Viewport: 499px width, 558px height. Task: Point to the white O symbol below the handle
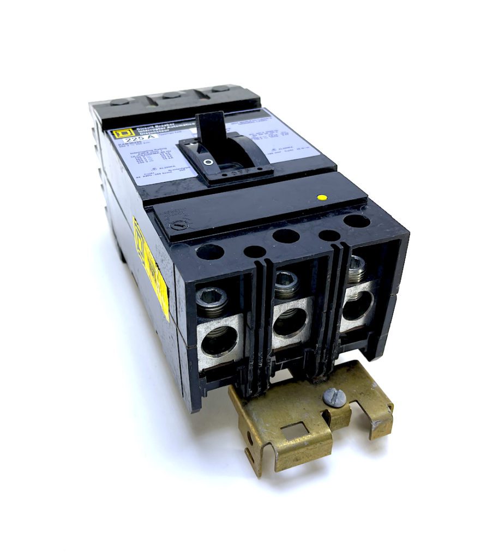[208, 162]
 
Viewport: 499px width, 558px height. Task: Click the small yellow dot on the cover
[322, 197]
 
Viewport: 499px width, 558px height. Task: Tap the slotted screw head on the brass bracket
[334, 397]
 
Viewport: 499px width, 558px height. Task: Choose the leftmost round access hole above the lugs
[209, 252]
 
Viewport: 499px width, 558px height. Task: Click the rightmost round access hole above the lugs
[357, 221]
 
